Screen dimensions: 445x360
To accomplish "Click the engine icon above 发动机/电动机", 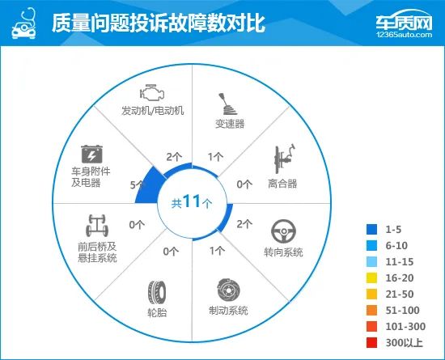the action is coord(152,92).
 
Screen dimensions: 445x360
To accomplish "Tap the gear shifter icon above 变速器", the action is coord(228,104).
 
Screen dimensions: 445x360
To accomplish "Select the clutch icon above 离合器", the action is coord(284,159).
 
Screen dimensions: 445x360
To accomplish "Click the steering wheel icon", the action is coord(283,231).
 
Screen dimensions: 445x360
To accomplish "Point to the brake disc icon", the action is coord(228,290).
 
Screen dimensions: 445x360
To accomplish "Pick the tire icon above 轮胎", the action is coord(157,293).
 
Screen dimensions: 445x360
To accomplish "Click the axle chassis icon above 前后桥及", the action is coord(97,226).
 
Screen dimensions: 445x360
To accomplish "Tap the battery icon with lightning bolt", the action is coord(91,154).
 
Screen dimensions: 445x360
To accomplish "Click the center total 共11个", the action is coord(192,201).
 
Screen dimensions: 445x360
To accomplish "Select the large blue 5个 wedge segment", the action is coord(149,186).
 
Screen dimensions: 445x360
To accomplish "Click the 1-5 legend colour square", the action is coord(371,229).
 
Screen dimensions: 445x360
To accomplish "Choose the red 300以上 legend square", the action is coord(371,342).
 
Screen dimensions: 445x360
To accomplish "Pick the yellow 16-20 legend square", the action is coord(371,277).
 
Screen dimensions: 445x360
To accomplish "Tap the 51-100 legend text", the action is coord(402,311).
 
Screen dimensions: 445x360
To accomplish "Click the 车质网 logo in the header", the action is coord(404,21).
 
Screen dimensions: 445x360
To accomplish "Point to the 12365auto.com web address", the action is coord(404,35).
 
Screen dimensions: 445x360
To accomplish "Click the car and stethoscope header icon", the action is coord(24,23).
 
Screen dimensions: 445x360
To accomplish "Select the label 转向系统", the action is coord(283,252).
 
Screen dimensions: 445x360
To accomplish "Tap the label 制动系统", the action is coord(228,311).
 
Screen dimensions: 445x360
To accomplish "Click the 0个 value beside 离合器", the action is coord(244,184).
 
